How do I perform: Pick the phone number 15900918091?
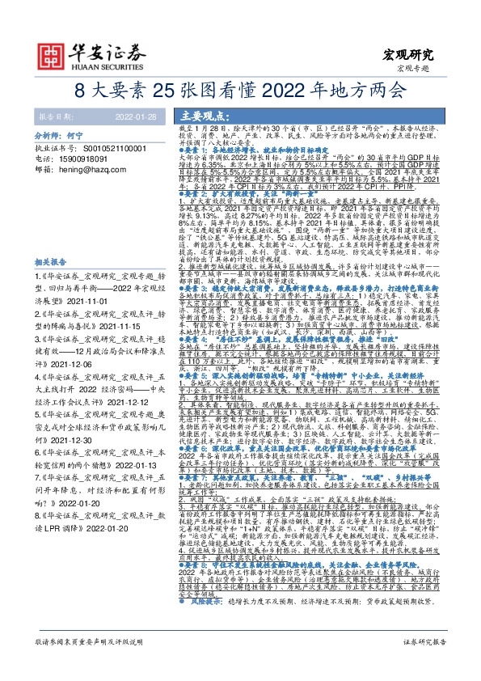pos(89,160)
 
